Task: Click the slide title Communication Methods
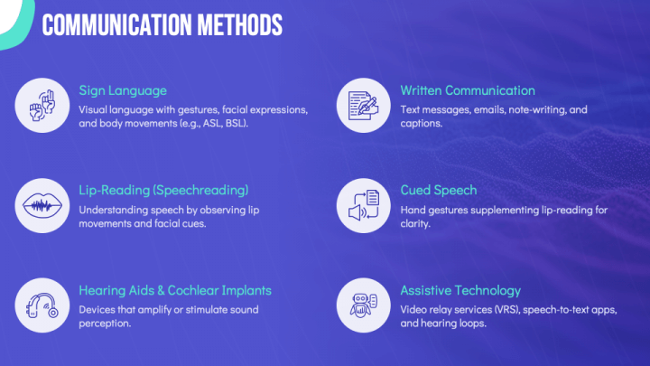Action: pyautogui.click(x=162, y=24)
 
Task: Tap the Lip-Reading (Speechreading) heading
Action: pyautogui.click(x=163, y=190)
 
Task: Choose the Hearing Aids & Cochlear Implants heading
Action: pyautogui.click(x=175, y=290)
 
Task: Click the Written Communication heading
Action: pyautogui.click(x=468, y=90)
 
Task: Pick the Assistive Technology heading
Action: pyautogui.click(x=460, y=290)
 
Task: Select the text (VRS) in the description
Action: pyautogui.click(x=510, y=308)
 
